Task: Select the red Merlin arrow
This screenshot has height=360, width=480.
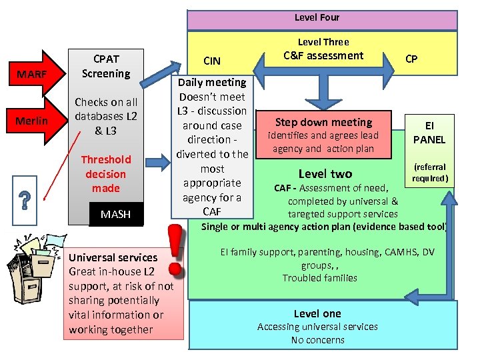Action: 34,120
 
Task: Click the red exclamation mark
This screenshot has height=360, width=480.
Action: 175,249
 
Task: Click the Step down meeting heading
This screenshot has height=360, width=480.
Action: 324,122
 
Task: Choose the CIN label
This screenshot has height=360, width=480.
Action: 211,61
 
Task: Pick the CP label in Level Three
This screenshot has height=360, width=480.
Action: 411,59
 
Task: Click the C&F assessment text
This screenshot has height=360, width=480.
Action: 323,55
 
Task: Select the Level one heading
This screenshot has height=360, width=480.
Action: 317,313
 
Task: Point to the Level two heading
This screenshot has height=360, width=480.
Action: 325,174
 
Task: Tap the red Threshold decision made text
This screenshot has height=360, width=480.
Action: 106,173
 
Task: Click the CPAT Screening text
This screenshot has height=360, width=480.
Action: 105,65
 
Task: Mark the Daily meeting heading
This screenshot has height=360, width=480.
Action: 211,82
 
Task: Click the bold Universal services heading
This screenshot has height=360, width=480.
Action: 113,257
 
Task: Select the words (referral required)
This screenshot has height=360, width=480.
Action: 429,173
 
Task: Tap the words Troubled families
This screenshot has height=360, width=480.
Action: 319,278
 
